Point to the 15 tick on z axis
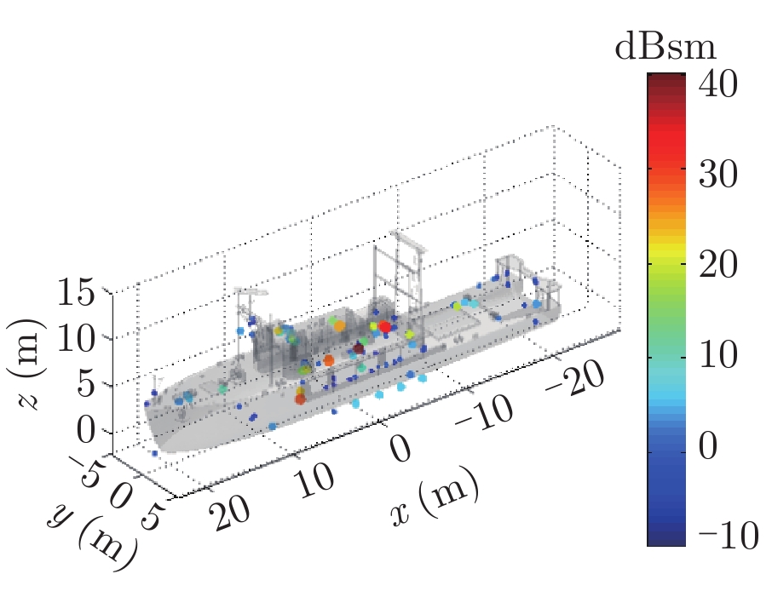[83, 296]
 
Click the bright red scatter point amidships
[384, 327]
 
